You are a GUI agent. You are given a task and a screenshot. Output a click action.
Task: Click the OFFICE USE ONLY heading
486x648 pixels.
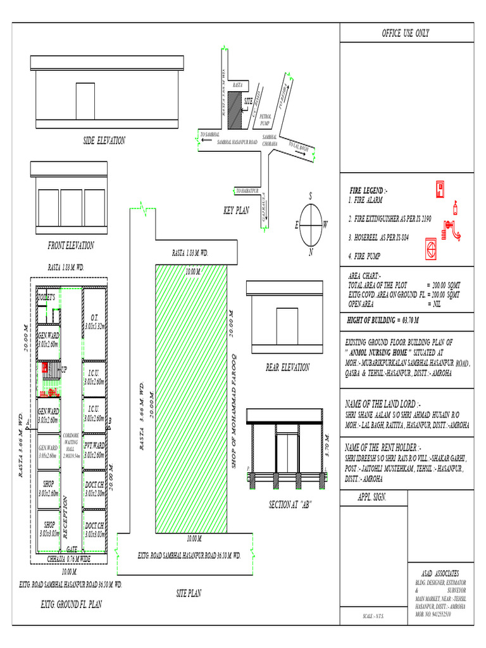[405, 34]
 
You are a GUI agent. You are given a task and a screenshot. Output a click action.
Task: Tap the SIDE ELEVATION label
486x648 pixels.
[104, 141]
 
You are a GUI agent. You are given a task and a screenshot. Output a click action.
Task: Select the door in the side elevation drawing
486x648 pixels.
[85, 100]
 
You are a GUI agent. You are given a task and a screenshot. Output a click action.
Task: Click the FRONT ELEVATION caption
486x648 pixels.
[71, 246]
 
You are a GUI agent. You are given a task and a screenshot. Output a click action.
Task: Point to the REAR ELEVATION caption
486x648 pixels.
[288, 367]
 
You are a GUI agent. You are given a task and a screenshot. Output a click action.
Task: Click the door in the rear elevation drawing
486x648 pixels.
[287, 324]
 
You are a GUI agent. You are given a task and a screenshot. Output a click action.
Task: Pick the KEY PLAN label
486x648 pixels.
[237, 211]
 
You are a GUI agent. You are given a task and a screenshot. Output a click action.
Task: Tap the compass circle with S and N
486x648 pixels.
[311, 225]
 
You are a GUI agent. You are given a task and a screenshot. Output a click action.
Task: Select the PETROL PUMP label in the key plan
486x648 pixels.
[266, 120]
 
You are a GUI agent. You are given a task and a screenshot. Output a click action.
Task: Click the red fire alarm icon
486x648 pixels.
[440, 189]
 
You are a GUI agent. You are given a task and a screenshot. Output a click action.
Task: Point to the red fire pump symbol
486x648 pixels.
[432, 249]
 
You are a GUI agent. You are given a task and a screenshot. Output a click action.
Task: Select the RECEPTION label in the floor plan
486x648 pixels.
[65, 516]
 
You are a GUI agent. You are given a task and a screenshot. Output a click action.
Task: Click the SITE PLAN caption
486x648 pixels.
[189, 594]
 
